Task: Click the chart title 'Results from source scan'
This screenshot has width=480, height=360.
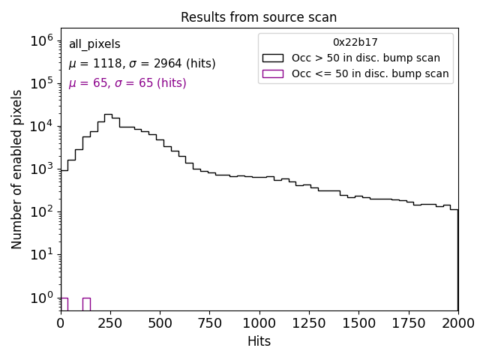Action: click(x=259, y=17)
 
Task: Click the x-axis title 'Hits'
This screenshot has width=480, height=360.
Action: click(x=259, y=341)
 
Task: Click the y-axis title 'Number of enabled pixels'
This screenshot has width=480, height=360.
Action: click(x=17, y=169)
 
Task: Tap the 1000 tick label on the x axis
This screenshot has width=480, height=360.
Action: click(x=259, y=323)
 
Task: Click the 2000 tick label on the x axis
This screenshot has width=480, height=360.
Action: click(x=457, y=323)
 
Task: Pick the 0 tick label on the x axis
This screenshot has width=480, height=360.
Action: click(x=61, y=323)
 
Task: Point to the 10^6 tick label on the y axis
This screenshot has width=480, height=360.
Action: click(x=40, y=40)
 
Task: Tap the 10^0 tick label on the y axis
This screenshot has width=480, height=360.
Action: click(x=40, y=298)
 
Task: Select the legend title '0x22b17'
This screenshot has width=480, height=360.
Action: click(x=355, y=43)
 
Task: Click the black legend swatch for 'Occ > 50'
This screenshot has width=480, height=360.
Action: click(x=272, y=58)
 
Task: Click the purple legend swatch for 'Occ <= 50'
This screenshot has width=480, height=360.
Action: click(x=272, y=73)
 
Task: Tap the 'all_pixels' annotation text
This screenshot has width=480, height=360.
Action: click(x=94, y=44)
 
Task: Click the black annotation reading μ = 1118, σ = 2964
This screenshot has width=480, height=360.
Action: click(x=142, y=64)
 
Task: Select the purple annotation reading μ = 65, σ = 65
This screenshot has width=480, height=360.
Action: click(x=127, y=83)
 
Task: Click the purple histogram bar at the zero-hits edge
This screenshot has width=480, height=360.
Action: click(x=64, y=304)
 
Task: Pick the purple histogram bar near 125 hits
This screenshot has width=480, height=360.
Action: click(x=86, y=304)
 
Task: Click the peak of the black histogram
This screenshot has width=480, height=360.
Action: click(x=108, y=115)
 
